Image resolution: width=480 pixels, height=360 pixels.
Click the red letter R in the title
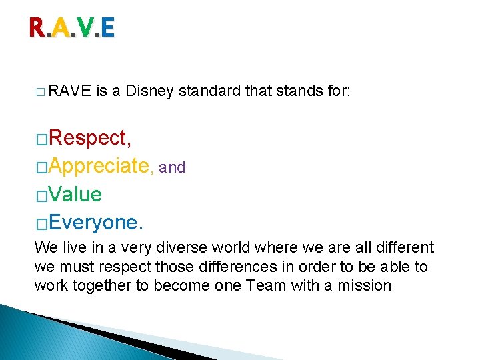[x=37, y=28]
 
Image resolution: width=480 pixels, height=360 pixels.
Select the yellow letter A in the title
[x=61, y=28]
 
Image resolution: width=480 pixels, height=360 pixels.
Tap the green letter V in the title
[x=85, y=28]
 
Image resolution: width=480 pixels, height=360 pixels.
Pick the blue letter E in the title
[x=108, y=28]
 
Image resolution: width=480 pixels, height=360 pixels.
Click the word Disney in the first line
[x=151, y=92]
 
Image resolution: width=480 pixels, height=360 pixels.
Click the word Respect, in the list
[x=89, y=138]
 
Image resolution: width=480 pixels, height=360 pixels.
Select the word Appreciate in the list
[x=99, y=166]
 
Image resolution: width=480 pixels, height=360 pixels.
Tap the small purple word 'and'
[x=172, y=168]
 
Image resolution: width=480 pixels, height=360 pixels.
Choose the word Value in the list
[x=75, y=195]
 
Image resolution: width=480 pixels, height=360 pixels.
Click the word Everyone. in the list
[x=96, y=222]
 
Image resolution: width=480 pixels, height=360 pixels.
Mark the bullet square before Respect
[x=41, y=139]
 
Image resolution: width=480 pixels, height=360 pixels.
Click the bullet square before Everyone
[x=41, y=223]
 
